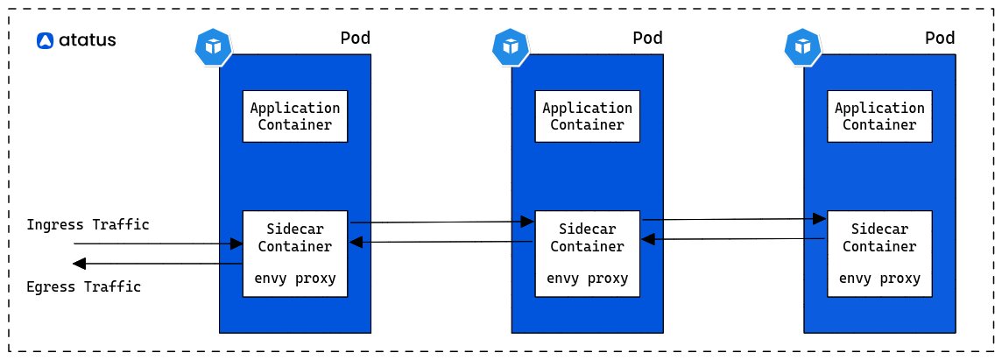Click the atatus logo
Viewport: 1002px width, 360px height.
click(x=76, y=40)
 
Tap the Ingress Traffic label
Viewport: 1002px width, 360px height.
click(x=88, y=225)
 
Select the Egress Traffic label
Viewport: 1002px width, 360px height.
click(x=84, y=286)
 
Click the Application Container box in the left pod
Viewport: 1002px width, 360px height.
click(x=295, y=116)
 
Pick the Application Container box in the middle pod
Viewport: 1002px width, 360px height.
click(x=587, y=116)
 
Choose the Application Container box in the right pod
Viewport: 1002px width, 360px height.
click(x=879, y=116)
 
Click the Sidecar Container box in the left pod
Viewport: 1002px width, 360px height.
click(x=295, y=253)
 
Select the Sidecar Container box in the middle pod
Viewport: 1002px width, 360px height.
click(x=587, y=253)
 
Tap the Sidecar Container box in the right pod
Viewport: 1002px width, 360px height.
click(x=879, y=253)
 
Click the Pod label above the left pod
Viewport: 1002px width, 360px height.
click(x=354, y=39)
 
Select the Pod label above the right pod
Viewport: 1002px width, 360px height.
click(x=939, y=39)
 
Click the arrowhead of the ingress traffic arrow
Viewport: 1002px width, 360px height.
click(x=236, y=244)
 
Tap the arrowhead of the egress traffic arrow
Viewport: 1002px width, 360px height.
click(x=79, y=264)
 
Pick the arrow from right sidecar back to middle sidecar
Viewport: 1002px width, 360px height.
click(x=734, y=238)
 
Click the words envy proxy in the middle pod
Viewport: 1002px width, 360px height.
click(x=587, y=279)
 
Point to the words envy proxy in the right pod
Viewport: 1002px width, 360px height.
click(x=879, y=279)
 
